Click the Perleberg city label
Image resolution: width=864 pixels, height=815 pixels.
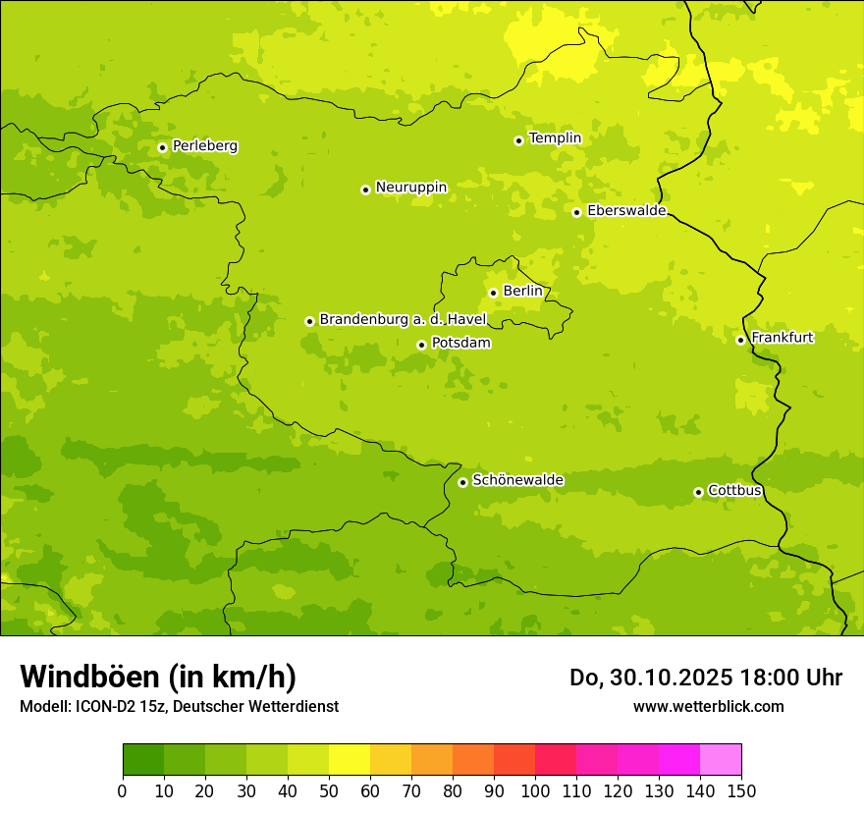[204, 146]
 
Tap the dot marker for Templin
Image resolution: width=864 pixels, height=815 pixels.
[518, 140]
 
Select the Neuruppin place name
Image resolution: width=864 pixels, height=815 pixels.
[410, 188]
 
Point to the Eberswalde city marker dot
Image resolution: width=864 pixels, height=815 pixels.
[576, 212]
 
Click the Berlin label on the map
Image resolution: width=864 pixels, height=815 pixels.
[522, 292]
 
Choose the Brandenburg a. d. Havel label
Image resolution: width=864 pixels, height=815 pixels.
[403, 320]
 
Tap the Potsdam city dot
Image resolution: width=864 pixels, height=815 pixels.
[421, 345]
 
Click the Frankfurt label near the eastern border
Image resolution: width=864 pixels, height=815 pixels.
[782, 338]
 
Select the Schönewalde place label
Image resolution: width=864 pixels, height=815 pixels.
[517, 480]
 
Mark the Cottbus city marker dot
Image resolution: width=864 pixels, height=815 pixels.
[698, 492]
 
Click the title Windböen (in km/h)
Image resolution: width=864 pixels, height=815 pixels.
[158, 677]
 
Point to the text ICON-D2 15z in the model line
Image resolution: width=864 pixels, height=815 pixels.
[122, 707]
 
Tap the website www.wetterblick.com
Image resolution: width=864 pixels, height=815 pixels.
[708, 707]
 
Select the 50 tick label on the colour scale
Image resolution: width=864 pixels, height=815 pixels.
[329, 791]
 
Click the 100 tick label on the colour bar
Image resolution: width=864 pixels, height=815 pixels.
[535, 791]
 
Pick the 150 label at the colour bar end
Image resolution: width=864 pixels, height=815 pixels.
[741, 791]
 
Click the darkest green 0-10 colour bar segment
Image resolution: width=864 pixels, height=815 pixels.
[143, 760]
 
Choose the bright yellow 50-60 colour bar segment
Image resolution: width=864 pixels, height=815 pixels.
[350, 760]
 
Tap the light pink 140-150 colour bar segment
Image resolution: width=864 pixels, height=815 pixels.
[721, 760]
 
